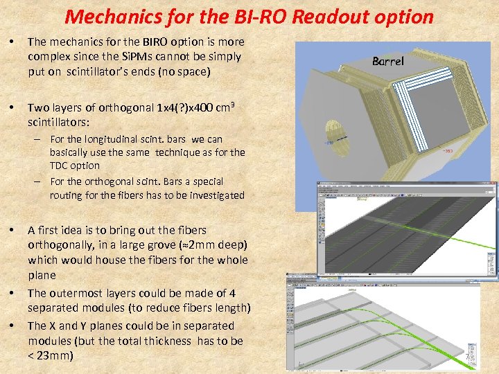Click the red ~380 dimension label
pyautogui.click(x=448, y=149)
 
